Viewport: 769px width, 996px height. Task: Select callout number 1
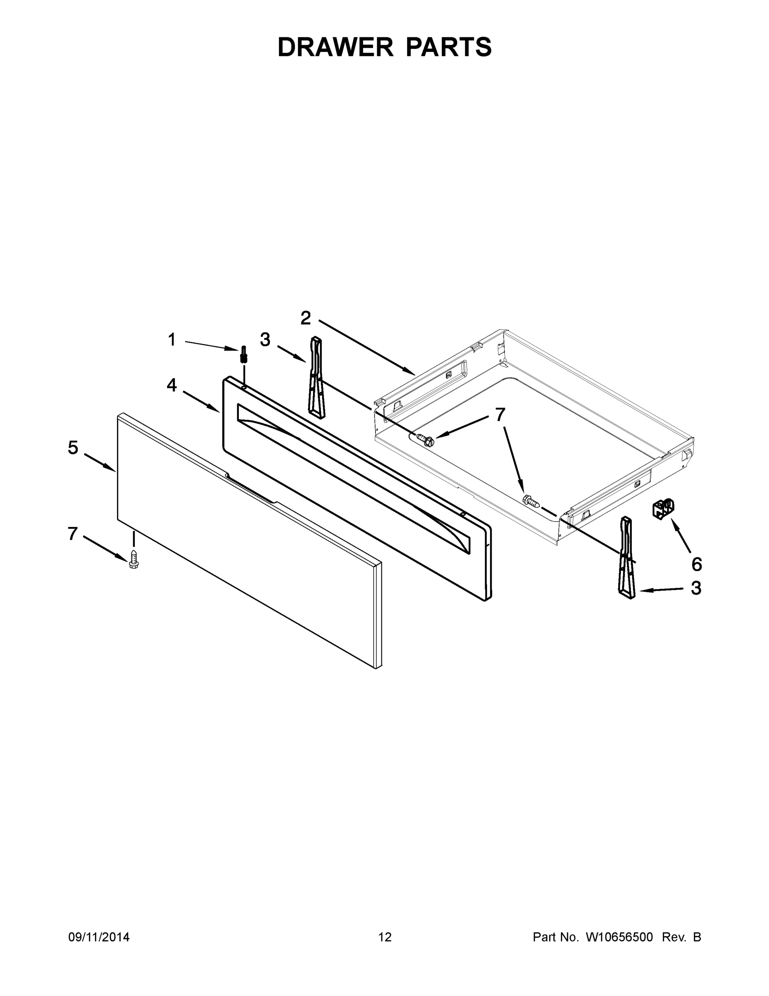click(x=172, y=340)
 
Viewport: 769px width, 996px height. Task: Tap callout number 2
click(x=306, y=318)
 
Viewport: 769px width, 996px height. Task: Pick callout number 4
click(x=171, y=386)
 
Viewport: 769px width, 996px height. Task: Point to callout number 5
click(x=73, y=448)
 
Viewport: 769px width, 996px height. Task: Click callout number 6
click(x=696, y=564)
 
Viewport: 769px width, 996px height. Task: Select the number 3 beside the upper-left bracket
click(x=265, y=340)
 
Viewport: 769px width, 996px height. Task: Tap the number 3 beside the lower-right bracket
click(x=696, y=588)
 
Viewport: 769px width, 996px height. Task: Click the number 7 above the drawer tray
click(x=500, y=415)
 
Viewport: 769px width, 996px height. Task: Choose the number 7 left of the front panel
click(x=73, y=534)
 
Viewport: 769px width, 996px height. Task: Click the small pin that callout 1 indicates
click(x=244, y=354)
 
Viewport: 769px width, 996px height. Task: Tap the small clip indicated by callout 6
click(x=663, y=508)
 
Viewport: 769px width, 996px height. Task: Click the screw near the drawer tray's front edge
click(x=531, y=501)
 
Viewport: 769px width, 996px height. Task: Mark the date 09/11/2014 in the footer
click(x=99, y=937)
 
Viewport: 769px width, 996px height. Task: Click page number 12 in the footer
click(x=385, y=937)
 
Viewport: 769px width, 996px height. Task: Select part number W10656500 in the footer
click(x=619, y=937)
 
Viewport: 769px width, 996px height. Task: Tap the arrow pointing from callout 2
click(x=367, y=347)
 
